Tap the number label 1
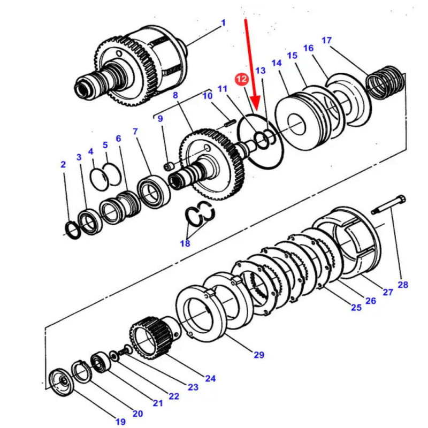(x=223, y=22)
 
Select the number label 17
(x=327, y=40)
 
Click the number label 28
(x=402, y=285)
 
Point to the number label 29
(x=259, y=354)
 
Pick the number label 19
(x=120, y=422)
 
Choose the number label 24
(x=210, y=378)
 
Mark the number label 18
(x=185, y=244)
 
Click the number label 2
(x=63, y=164)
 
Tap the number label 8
(x=174, y=95)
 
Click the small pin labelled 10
(x=229, y=123)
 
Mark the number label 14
(x=276, y=63)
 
